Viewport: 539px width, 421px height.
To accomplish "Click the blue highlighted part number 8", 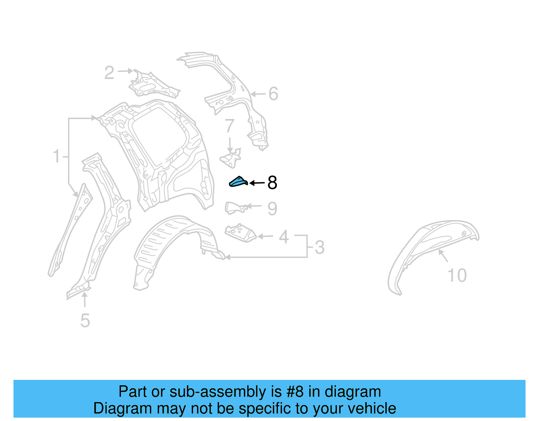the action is pos(238,182).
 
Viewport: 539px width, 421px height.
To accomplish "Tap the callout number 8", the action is pos(272,183).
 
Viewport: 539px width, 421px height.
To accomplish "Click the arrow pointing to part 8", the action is pos(257,183).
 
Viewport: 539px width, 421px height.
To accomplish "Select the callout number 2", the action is pos(109,73).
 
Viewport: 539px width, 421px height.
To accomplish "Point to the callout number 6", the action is pos(273,94).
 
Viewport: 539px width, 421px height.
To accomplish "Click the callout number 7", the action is pos(229,126).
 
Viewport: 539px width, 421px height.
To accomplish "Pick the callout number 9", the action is pos(272,209).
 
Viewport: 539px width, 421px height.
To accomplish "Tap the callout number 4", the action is pos(284,237).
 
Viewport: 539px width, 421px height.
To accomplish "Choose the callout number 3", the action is pos(319,247).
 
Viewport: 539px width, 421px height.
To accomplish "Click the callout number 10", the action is pos(457,275).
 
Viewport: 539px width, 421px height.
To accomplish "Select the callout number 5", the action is pos(85,320).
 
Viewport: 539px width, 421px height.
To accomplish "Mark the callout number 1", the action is pos(57,157).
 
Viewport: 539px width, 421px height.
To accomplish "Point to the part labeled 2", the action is pos(153,84).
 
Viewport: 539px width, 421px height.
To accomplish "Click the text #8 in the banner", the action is pos(295,392).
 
